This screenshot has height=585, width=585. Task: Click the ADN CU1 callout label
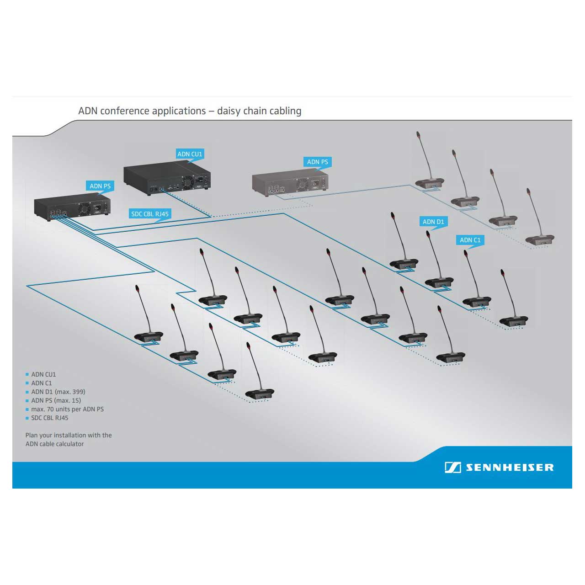pyautogui.click(x=190, y=154)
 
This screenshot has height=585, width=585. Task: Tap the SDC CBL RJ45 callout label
pyautogui.click(x=150, y=213)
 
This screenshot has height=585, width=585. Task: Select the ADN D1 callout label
pyautogui.click(x=433, y=222)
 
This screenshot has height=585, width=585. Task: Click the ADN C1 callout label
pyautogui.click(x=470, y=240)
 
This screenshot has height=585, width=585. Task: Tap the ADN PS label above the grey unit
pyautogui.click(x=317, y=162)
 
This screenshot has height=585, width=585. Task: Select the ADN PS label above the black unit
pyautogui.click(x=100, y=186)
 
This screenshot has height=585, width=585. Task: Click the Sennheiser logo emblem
pyautogui.click(x=452, y=467)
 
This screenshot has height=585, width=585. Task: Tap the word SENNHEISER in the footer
pyautogui.click(x=510, y=468)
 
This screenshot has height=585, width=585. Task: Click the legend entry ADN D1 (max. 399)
pyautogui.click(x=58, y=392)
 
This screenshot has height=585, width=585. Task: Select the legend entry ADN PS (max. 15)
pyautogui.click(x=56, y=400)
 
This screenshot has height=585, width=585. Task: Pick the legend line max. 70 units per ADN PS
pyautogui.click(x=67, y=409)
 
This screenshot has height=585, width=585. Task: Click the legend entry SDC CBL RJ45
pyautogui.click(x=49, y=418)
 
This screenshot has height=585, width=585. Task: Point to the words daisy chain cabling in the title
pyautogui.click(x=259, y=111)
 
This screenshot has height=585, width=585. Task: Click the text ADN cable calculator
pyautogui.click(x=55, y=444)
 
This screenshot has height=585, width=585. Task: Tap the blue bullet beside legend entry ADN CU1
pyautogui.click(x=27, y=374)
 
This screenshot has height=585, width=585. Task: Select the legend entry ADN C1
pyautogui.click(x=42, y=383)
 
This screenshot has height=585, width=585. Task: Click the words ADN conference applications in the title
pyautogui.click(x=142, y=111)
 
